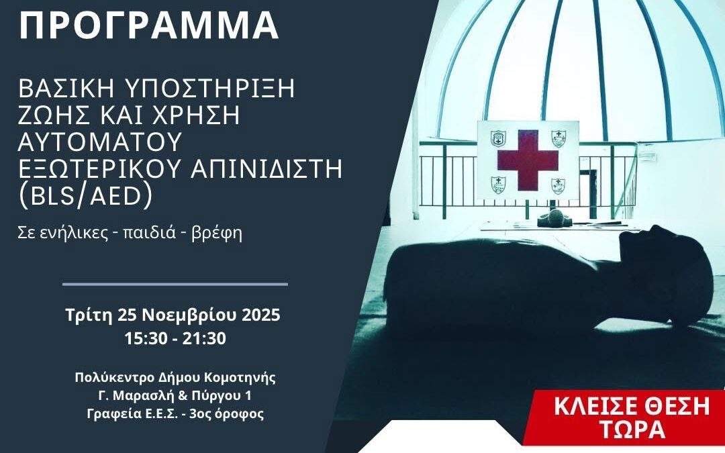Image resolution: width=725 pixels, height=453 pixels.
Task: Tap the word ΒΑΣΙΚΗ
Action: point(65,89)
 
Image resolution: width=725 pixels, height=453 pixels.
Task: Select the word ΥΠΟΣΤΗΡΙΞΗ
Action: point(209,89)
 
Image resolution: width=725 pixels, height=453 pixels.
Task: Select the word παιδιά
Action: point(148,232)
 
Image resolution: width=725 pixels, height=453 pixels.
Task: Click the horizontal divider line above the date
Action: point(175,285)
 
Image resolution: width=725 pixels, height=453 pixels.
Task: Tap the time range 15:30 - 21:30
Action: point(175,339)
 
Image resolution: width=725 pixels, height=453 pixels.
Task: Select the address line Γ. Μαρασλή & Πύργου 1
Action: point(175,396)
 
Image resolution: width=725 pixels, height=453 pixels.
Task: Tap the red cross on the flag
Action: point(528,160)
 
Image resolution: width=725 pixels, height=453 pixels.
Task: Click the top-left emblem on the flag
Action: point(498,139)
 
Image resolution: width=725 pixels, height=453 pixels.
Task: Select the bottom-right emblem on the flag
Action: point(559,185)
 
